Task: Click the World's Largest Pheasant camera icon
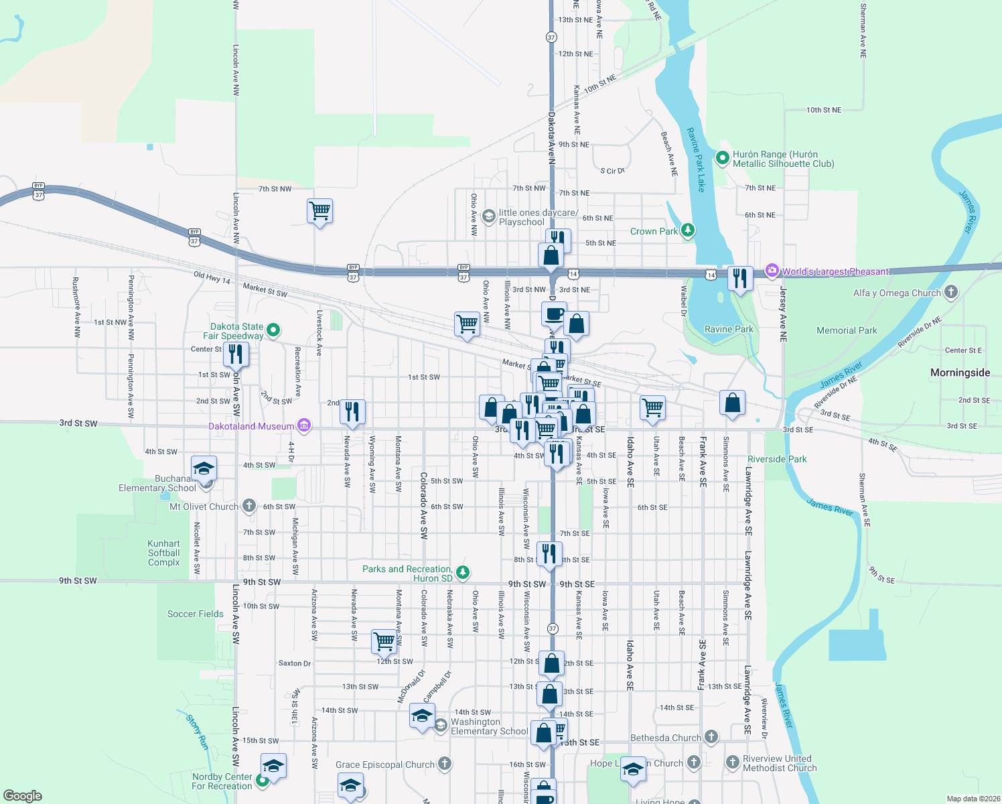pos(772,271)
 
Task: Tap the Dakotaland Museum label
pos(251,426)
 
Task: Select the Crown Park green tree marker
pos(687,231)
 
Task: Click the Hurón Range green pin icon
pos(722,158)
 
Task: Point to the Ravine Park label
pos(729,329)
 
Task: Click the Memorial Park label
pos(847,330)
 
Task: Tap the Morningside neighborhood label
pos(960,373)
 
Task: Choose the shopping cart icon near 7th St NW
pos(320,211)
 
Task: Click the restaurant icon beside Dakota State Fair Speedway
pos(236,354)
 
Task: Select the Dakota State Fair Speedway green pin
pos(273,330)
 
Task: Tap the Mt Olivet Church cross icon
pos(249,506)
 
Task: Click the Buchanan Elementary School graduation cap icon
pos(204,468)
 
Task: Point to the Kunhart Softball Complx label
pos(164,553)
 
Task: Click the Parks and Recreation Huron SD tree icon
pos(463,573)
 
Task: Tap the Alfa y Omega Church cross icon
pos(951,292)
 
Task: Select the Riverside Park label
pos(777,459)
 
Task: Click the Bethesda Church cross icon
pos(711,737)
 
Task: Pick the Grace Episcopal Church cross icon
pos(445,764)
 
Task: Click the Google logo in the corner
pos(22,795)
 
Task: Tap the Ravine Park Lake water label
pos(697,159)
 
